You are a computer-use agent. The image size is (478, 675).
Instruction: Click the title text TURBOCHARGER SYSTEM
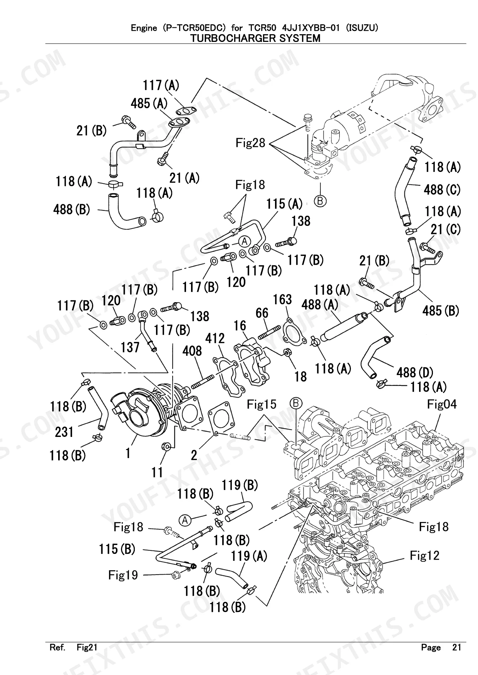[258, 38]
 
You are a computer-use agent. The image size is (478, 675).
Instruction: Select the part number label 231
[64, 432]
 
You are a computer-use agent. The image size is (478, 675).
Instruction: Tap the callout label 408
[192, 351]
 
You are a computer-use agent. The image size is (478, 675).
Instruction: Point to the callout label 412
[215, 338]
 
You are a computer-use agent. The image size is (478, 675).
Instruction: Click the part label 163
[282, 300]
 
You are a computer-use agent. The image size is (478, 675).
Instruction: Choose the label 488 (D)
[415, 372]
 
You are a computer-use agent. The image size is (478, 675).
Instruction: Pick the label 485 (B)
[441, 310]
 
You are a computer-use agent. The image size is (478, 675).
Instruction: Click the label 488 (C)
[442, 189]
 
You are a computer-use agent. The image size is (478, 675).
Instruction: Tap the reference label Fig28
[250, 143]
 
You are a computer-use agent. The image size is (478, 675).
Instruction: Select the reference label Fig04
[442, 404]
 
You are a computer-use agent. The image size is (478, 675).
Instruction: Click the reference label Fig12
[424, 555]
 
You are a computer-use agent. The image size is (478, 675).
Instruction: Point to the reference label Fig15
[262, 404]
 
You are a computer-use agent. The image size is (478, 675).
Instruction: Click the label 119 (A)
[249, 556]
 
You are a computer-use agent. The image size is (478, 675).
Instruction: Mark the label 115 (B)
[117, 549]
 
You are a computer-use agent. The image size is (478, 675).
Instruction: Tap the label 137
[130, 347]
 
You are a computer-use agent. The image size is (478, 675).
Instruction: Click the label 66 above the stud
[262, 313]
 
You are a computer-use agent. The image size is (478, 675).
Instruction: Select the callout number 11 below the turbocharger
[157, 472]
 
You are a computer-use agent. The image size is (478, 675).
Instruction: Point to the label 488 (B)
[72, 210]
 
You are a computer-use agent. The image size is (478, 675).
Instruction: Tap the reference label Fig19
[123, 575]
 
